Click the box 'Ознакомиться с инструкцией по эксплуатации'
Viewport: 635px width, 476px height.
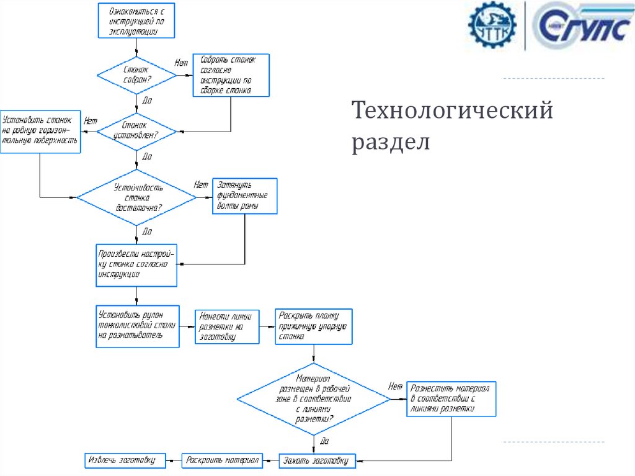pyautogui.click(x=136, y=20)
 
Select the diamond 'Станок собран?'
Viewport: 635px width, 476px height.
pyautogui.click(x=136, y=75)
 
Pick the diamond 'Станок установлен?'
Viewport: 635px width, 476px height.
pyautogui.click(x=136, y=131)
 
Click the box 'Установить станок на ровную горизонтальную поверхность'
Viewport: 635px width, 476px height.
pyautogui.click(x=40, y=131)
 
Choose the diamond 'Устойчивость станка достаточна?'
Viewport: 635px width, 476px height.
pyautogui.click(x=136, y=197)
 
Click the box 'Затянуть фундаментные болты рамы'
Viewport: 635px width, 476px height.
pyautogui.click(x=245, y=196)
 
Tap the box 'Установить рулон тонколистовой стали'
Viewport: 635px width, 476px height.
pyautogui.click(x=138, y=326)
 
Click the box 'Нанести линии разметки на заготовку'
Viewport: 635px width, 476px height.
pyautogui.click(x=227, y=326)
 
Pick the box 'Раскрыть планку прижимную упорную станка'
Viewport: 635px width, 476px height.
pyautogui.click(x=314, y=326)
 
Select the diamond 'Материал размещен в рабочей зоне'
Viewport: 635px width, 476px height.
pyautogui.click(x=314, y=398)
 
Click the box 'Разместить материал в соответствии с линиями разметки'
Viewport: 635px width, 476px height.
pyautogui.click(x=451, y=398)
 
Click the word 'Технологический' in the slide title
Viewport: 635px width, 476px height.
pyautogui.click(x=452, y=112)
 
